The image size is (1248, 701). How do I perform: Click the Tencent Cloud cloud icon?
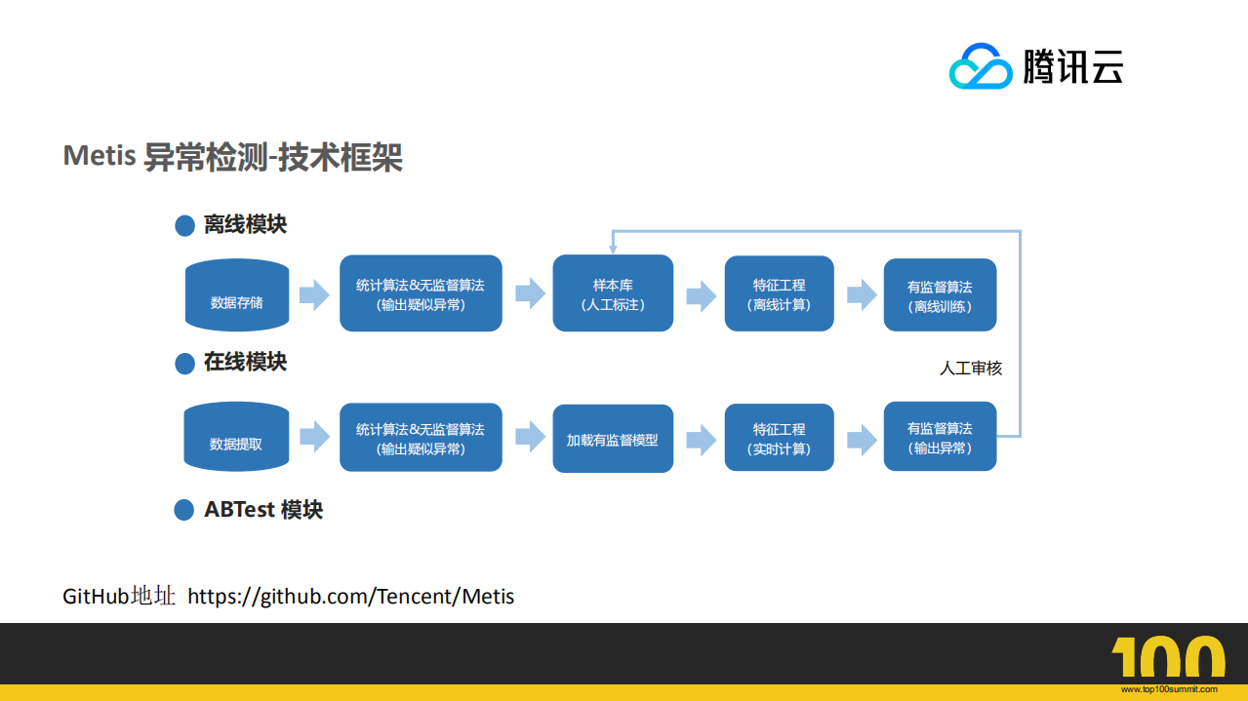pyautogui.click(x=982, y=66)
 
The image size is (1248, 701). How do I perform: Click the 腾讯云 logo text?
pyautogui.click(x=1073, y=66)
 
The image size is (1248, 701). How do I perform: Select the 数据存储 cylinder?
pyautogui.click(x=237, y=294)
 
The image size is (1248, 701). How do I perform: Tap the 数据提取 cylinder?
pyautogui.click(x=236, y=436)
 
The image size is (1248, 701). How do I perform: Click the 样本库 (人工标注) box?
pyautogui.click(x=613, y=293)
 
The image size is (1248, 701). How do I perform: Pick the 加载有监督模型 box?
pyautogui.click(x=613, y=439)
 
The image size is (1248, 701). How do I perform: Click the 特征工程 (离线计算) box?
pyautogui.click(x=779, y=293)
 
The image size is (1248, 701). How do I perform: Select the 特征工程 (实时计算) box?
pyautogui.click(x=779, y=438)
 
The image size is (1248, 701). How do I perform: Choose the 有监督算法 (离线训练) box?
pyautogui.click(x=940, y=294)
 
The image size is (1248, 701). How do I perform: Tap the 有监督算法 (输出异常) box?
pyautogui.click(x=940, y=437)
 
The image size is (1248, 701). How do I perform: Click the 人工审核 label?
pyautogui.click(x=971, y=369)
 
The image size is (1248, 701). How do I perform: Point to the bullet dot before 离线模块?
pyautogui.click(x=184, y=226)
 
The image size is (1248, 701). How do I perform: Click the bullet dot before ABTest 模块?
pyautogui.click(x=184, y=510)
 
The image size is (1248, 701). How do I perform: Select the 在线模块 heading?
pyautogui.click(x=245, y=362)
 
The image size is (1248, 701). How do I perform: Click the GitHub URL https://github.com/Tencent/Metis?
pyautogui.click(x=350, y=596)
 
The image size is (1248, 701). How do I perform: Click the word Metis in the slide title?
pyautogui.click(x=99, y=156)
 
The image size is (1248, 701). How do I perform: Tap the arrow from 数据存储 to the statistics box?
pyautogui.click(x=313, y=294)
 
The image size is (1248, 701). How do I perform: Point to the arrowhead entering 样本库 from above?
pyautogui.click(x=613, y=249)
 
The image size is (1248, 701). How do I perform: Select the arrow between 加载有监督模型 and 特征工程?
pyautogui.click(x=700, y=439)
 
